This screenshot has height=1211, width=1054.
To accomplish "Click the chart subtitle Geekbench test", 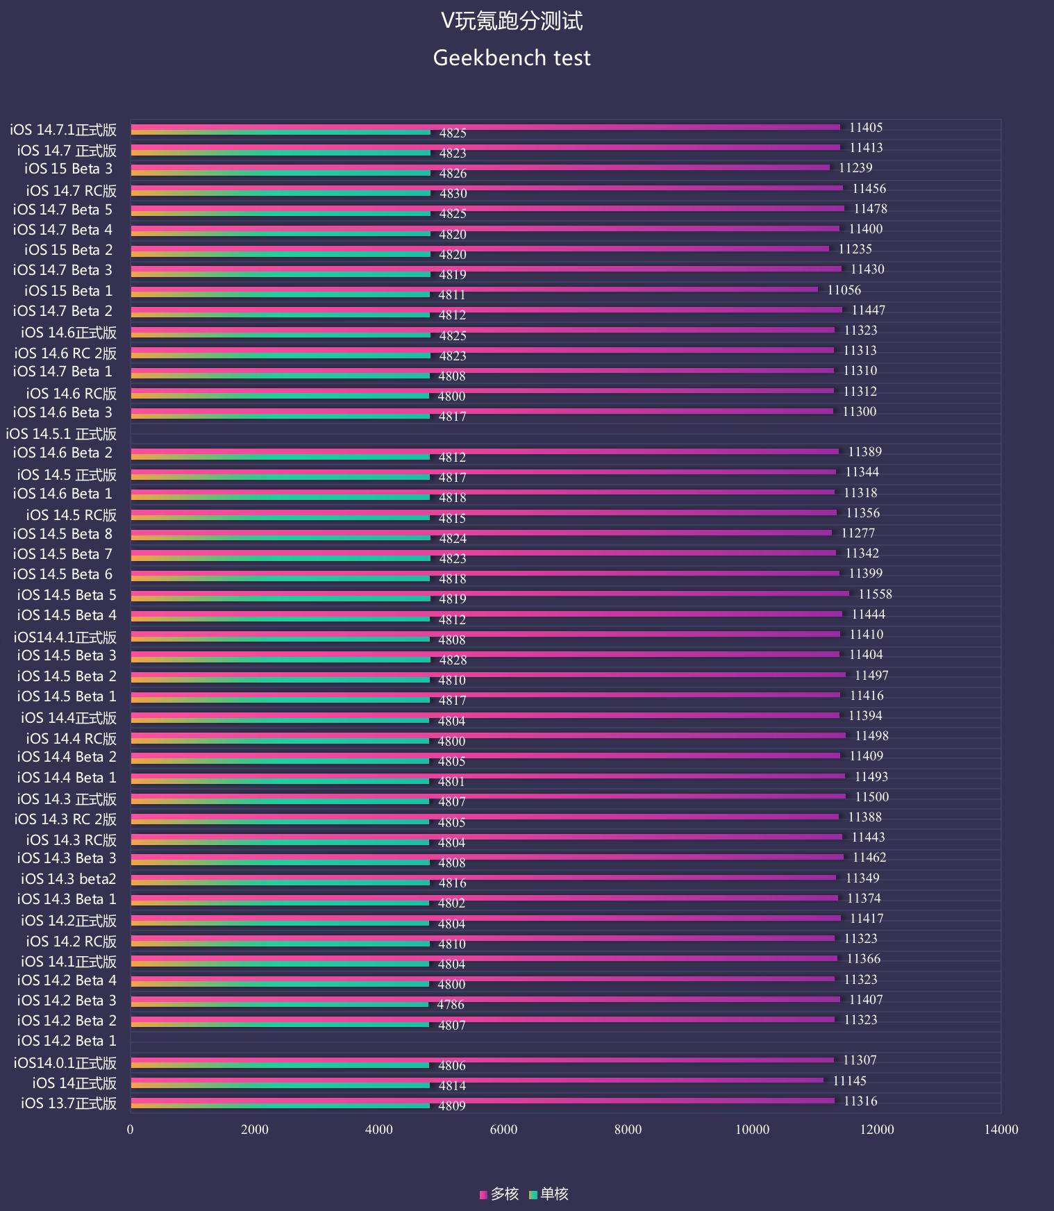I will (512, 58).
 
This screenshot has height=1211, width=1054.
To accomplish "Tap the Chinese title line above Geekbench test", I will (512, 21).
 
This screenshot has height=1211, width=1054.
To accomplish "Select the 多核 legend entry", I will (499, 1194).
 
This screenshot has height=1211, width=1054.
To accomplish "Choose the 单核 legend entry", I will (549, 1194).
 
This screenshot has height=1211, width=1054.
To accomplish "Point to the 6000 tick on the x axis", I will (503, 1130).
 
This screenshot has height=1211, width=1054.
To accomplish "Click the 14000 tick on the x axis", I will (1001, 1130).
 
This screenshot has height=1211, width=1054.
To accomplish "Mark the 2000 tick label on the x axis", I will (255, 1130).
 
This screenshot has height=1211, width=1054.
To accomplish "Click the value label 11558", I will (875, 594).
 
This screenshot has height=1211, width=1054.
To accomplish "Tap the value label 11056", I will (844, 290).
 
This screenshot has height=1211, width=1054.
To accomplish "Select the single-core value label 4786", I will (451, 1005).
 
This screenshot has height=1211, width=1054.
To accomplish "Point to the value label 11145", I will (849, 1081).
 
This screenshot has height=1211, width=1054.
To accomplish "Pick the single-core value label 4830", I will (453, 194).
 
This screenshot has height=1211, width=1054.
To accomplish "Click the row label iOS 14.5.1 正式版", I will (61, 434).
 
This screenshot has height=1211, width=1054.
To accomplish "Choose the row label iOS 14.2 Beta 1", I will (67, 1041).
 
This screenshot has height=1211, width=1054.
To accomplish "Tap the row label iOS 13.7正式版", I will (69, 1103).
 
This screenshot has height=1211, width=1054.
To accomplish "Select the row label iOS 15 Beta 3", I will (68, 169).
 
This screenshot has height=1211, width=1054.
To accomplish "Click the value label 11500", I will (871, 797).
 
